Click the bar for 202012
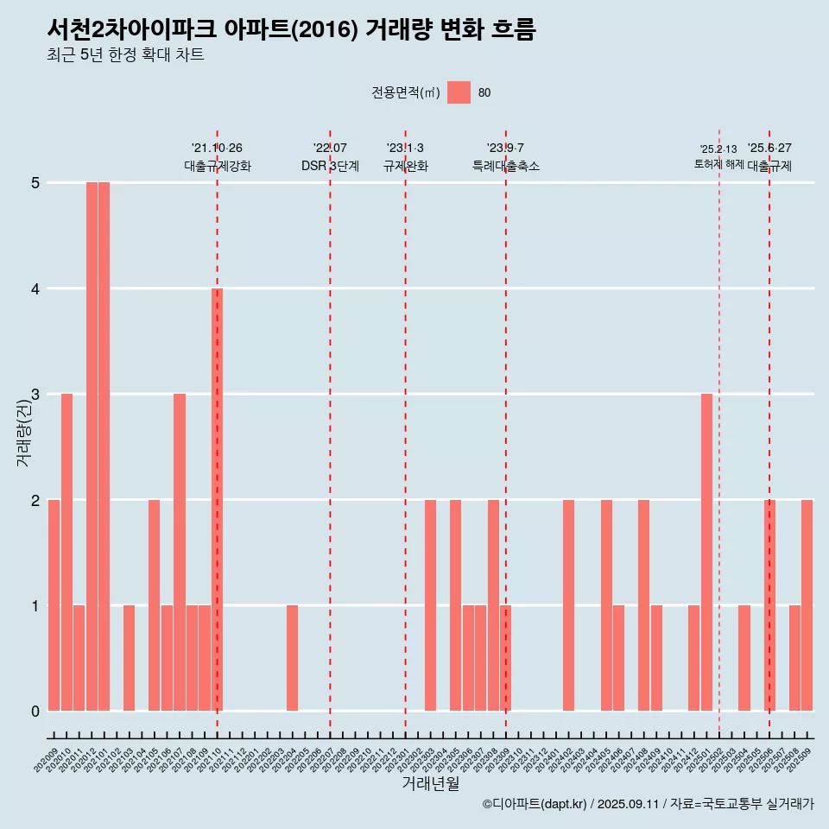[92, 446]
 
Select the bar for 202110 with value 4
[217, 499]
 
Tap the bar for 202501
[706, 552]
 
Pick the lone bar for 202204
[292, 658]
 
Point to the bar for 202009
[54, 604]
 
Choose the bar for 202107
[180, 552]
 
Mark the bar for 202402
[568, 604]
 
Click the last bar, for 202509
[807, 604]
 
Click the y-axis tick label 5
[35, 183]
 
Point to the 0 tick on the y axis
[35, 712]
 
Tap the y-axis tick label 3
[35, 395]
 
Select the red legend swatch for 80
[459, 92]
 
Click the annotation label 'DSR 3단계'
[330, 166]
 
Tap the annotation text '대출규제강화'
[218, 166]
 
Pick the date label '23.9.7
[505, 149]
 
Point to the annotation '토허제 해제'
[718, 164]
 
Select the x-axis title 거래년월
[430, 783]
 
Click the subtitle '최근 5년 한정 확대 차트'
[125, 56]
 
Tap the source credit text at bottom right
[648, 805]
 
